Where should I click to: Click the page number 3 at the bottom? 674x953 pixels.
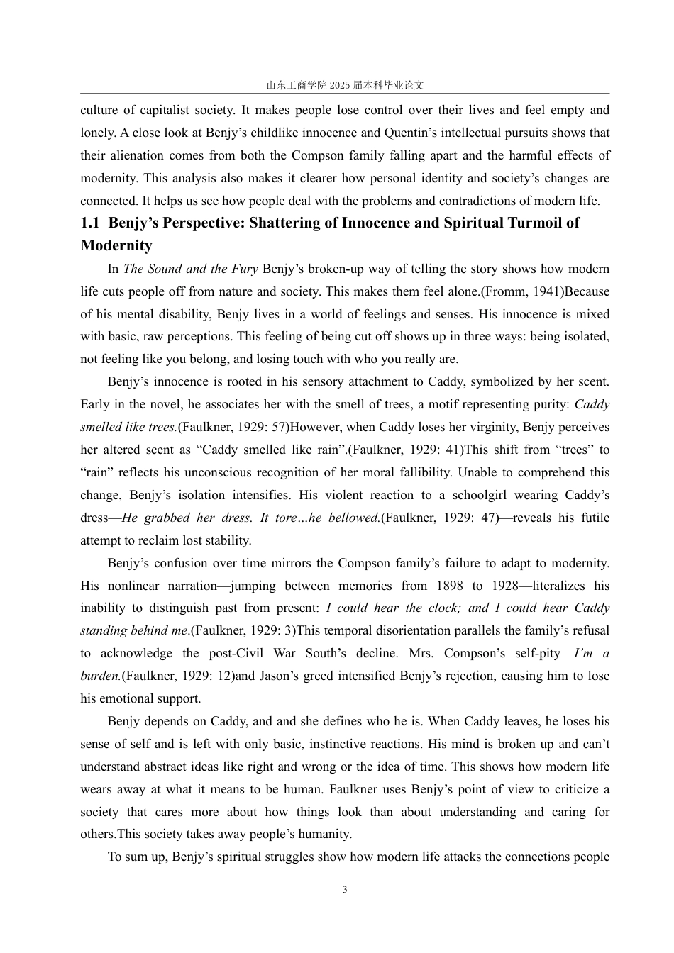345,890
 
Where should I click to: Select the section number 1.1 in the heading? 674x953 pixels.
90,223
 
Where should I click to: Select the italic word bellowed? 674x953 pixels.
353,518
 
